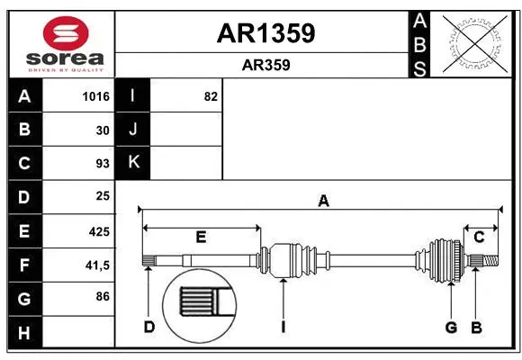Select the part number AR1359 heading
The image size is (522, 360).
click(265, 33)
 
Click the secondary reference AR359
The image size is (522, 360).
click(265, 65)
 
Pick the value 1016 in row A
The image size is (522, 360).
click(94, 96)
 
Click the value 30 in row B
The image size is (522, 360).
click(103, 130)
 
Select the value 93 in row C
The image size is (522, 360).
click(102, 164)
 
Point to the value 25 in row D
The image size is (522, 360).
click(102, 196)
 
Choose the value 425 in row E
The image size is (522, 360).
click(98, 231)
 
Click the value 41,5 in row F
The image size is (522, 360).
click(97, 265)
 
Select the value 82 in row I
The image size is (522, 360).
click(210, 96)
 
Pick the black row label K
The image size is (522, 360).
click(133, 163)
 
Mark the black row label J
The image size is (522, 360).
click(133, 130)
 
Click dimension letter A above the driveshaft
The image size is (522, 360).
click(323, 201)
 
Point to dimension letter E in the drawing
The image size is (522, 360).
click(201, 238)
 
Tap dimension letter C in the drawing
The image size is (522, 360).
click(480, 238)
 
